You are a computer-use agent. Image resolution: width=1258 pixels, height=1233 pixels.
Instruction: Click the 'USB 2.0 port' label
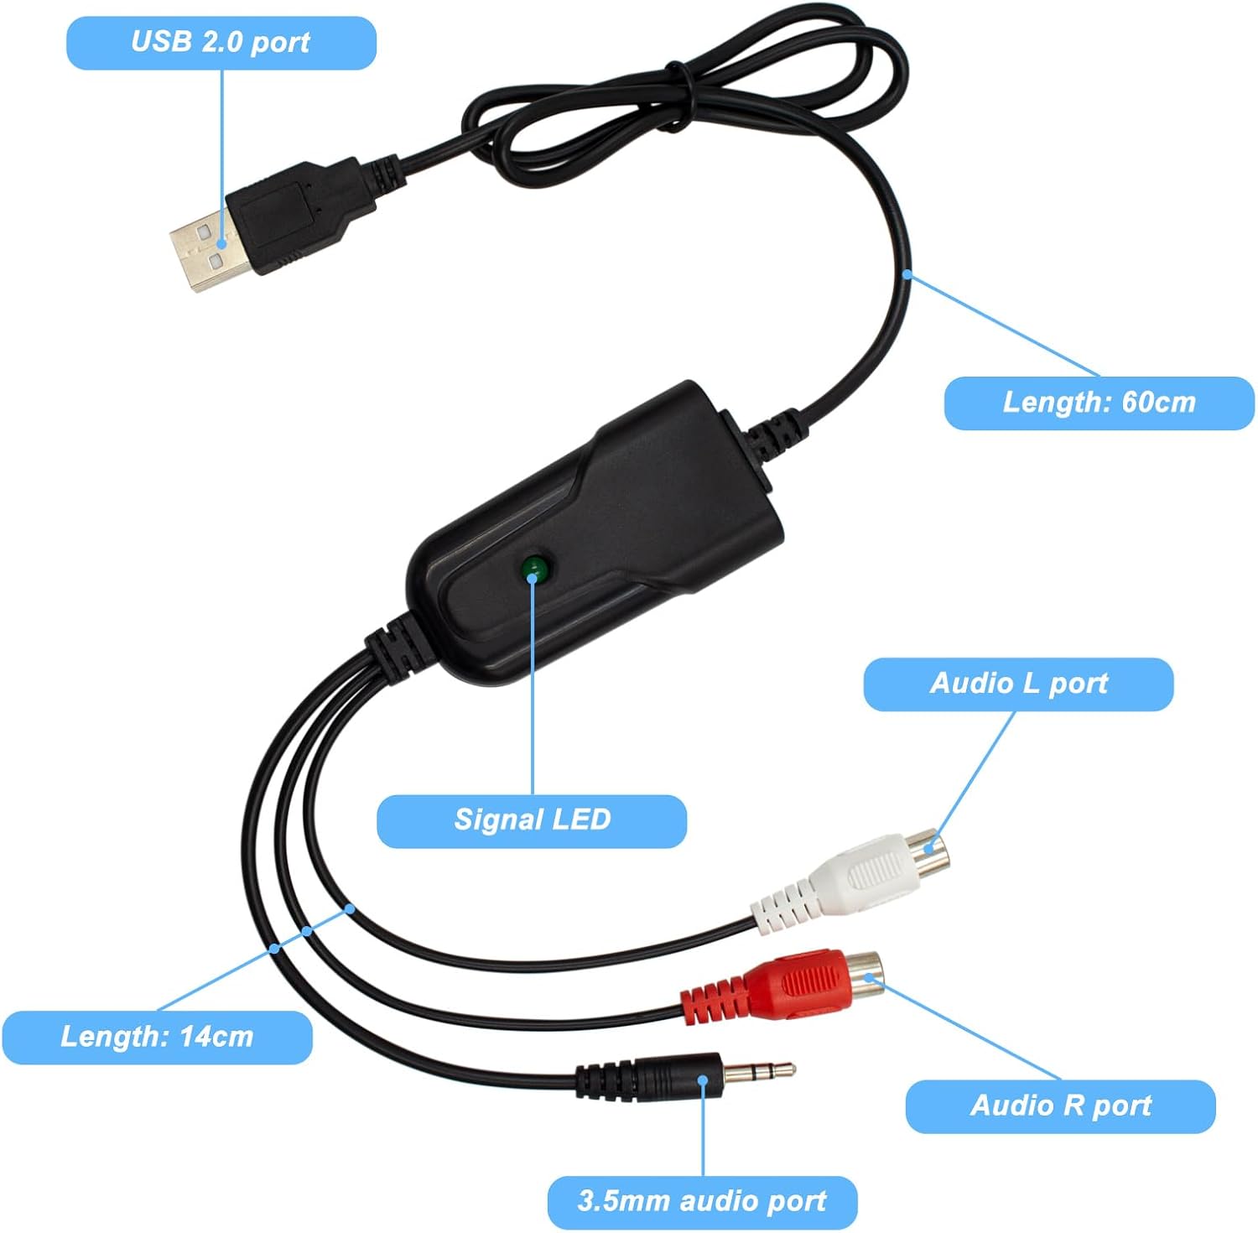pos(221,42)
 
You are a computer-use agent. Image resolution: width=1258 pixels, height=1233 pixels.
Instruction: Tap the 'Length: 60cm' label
pos(1099,403)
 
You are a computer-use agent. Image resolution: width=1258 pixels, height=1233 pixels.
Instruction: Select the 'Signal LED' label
pos(532,819)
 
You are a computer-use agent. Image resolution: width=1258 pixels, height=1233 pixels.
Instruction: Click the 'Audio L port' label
pos(1018,684)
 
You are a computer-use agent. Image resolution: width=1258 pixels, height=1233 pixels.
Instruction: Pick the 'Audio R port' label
pos(1060,1106)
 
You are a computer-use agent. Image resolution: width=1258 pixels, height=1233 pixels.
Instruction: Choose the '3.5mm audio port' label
pos(702,1201)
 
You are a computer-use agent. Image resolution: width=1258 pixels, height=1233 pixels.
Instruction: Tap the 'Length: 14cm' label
pos(157,1037)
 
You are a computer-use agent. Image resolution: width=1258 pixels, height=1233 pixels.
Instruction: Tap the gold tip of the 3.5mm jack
pos(759,1070)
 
